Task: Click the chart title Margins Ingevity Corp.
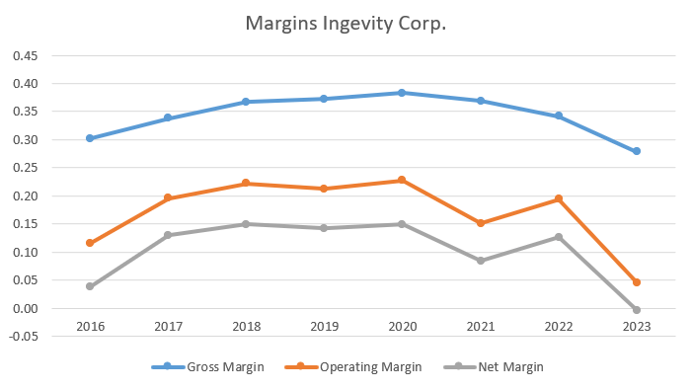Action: (x=345, y=23)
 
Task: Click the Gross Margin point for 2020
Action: (x=402, y=93)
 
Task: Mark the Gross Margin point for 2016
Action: (x=90, y=138)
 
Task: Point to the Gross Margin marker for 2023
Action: (x=637, y=151)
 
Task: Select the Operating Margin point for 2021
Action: (x=481, y=223)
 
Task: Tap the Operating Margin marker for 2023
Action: (x=637, y=282)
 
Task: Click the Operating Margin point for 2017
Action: (x=168, y=198)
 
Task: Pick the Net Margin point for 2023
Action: (x=637, y=310)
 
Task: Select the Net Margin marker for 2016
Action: (x=90, y=286)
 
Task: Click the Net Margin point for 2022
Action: (x=559, y=237)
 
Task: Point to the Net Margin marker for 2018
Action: (x=246, y=224)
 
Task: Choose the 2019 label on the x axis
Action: (x=324, y=324)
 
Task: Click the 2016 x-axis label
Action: (x=90, y=324)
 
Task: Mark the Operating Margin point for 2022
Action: (x=559, y=199)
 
